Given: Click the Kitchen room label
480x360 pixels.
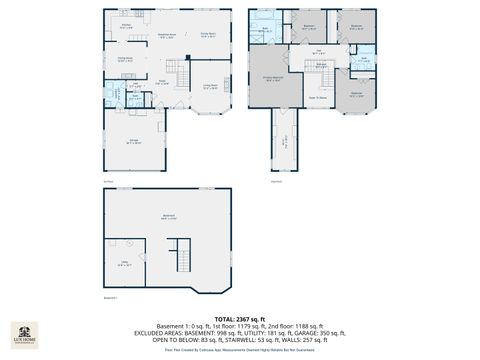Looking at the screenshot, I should pos(127,26).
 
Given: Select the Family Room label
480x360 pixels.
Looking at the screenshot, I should pos(208,35).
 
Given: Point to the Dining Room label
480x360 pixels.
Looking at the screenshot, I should pos(126,60).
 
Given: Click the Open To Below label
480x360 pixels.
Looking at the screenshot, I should pos(316,97).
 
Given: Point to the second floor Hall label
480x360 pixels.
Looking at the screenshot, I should pos(318,52).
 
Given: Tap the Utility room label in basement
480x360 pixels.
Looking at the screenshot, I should pos(126,265).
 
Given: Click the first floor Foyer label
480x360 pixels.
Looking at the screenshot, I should pos(161,83).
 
